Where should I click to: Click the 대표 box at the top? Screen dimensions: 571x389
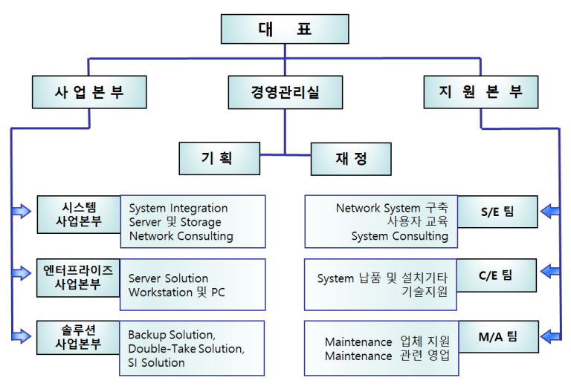(x=285, y=29)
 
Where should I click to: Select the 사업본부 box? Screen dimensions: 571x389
(x=89, y=92)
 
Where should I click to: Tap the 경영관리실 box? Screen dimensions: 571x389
(x=285, y=92)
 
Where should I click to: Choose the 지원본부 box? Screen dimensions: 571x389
(x=481, y=92)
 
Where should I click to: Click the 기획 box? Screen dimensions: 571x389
(x=219, y=159)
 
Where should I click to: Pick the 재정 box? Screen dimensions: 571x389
(x=351, y=159)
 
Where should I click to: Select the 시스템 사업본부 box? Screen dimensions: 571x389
(x=79, y=215)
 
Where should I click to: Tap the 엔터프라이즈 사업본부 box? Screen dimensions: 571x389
(x=78, y=278)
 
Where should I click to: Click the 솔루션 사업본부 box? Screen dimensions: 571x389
(x=78, y=337)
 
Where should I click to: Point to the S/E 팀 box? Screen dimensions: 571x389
(x=497, y=212)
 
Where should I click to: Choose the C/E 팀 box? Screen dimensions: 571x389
(x=496, y=275)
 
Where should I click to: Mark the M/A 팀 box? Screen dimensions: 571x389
(x=498, y=336)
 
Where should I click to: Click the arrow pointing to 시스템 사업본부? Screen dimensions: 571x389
(x=22, y=211)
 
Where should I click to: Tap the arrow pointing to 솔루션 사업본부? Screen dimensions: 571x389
(x=22, y=336)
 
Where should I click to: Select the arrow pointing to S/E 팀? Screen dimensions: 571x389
(x=550, y=212)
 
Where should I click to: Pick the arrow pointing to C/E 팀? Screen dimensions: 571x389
(x=550, y=272)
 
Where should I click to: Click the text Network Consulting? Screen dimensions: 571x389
(x=181, y=236)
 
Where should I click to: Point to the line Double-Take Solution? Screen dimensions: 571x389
(x=186, y=349)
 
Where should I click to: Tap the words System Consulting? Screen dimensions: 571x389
(x=399, y=236)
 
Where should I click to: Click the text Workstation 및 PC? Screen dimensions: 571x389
(x=177, y=292)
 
